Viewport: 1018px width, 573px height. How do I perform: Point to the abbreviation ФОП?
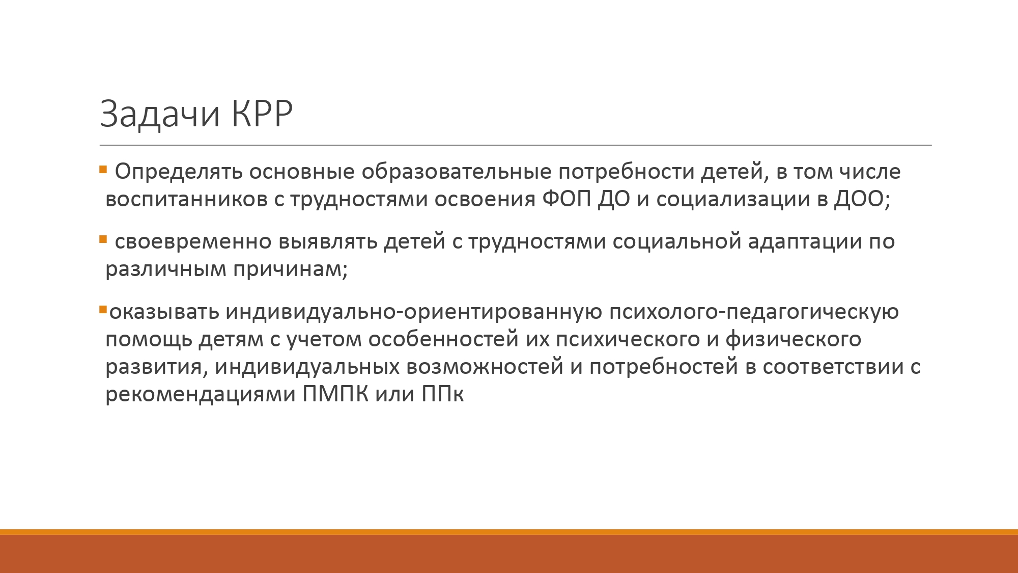(x=567, y=199)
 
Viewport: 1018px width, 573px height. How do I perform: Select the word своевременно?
(x=193, y=242)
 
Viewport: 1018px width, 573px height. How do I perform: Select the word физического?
(x=794, y=340)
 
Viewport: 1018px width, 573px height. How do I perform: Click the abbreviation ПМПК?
(x=335, y=394)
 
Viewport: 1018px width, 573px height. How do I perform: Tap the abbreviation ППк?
(x=443, y=394)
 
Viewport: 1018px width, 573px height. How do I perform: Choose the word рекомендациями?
(x=201, y=395)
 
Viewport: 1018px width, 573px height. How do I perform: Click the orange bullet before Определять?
(x=103, y=169)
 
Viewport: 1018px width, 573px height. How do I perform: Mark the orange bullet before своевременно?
(x=103, y=239)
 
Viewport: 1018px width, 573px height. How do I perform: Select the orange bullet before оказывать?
(x=103, y=309)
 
